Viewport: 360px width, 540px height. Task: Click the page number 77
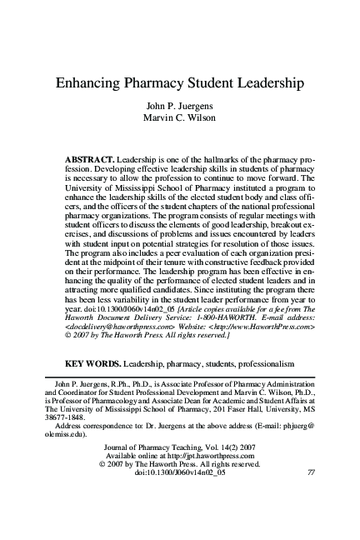310,497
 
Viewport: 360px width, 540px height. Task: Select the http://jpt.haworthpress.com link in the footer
204,480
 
